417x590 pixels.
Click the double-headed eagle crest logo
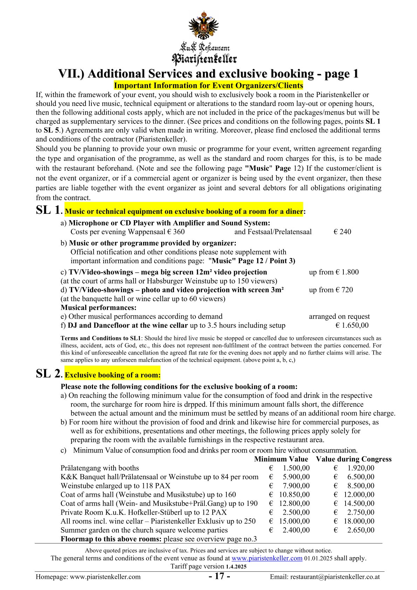click(204, 25)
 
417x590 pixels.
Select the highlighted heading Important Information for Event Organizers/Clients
click(208, 86)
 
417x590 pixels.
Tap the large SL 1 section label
click(49, 210)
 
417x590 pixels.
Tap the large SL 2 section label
click(49, 374)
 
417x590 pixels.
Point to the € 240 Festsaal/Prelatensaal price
click(342, 232)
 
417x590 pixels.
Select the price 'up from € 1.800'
click(334, 272)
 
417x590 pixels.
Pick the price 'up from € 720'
click(331, 290)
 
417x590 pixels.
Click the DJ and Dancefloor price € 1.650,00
click(352, 325)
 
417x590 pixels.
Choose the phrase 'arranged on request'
click(339, 317)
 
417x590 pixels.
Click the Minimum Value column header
click(281, 459)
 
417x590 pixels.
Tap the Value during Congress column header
click(354, 459)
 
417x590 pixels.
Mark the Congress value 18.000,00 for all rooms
click(359, 521)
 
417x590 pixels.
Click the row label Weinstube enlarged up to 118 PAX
click(115, 486)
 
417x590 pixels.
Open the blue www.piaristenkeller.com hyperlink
click(267, 558)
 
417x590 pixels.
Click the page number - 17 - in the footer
click(219, 576)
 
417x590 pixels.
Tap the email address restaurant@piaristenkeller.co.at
click(325, 577)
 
